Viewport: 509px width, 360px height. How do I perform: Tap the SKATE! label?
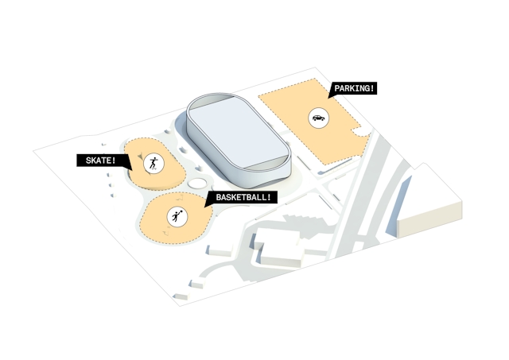coord(101,161)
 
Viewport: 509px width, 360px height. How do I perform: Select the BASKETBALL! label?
coord(243,197)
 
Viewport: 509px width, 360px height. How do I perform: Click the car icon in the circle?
coord(318,118)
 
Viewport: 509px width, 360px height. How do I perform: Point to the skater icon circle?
coord(153,163)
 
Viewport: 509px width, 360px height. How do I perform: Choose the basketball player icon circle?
coord(177,216)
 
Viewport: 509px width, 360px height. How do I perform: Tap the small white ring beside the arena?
coord(197,184)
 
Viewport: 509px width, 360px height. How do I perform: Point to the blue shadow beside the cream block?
coord(398,206)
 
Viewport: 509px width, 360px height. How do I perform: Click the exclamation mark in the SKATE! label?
coord(114,161)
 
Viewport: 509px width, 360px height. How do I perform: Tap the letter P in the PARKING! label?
coord(337,88)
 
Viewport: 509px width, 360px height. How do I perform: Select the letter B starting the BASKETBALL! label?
coord(219,197)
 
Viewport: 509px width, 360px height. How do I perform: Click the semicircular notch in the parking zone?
coord(361,133)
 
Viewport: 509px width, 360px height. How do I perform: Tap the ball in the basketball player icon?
coord(181,211)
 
